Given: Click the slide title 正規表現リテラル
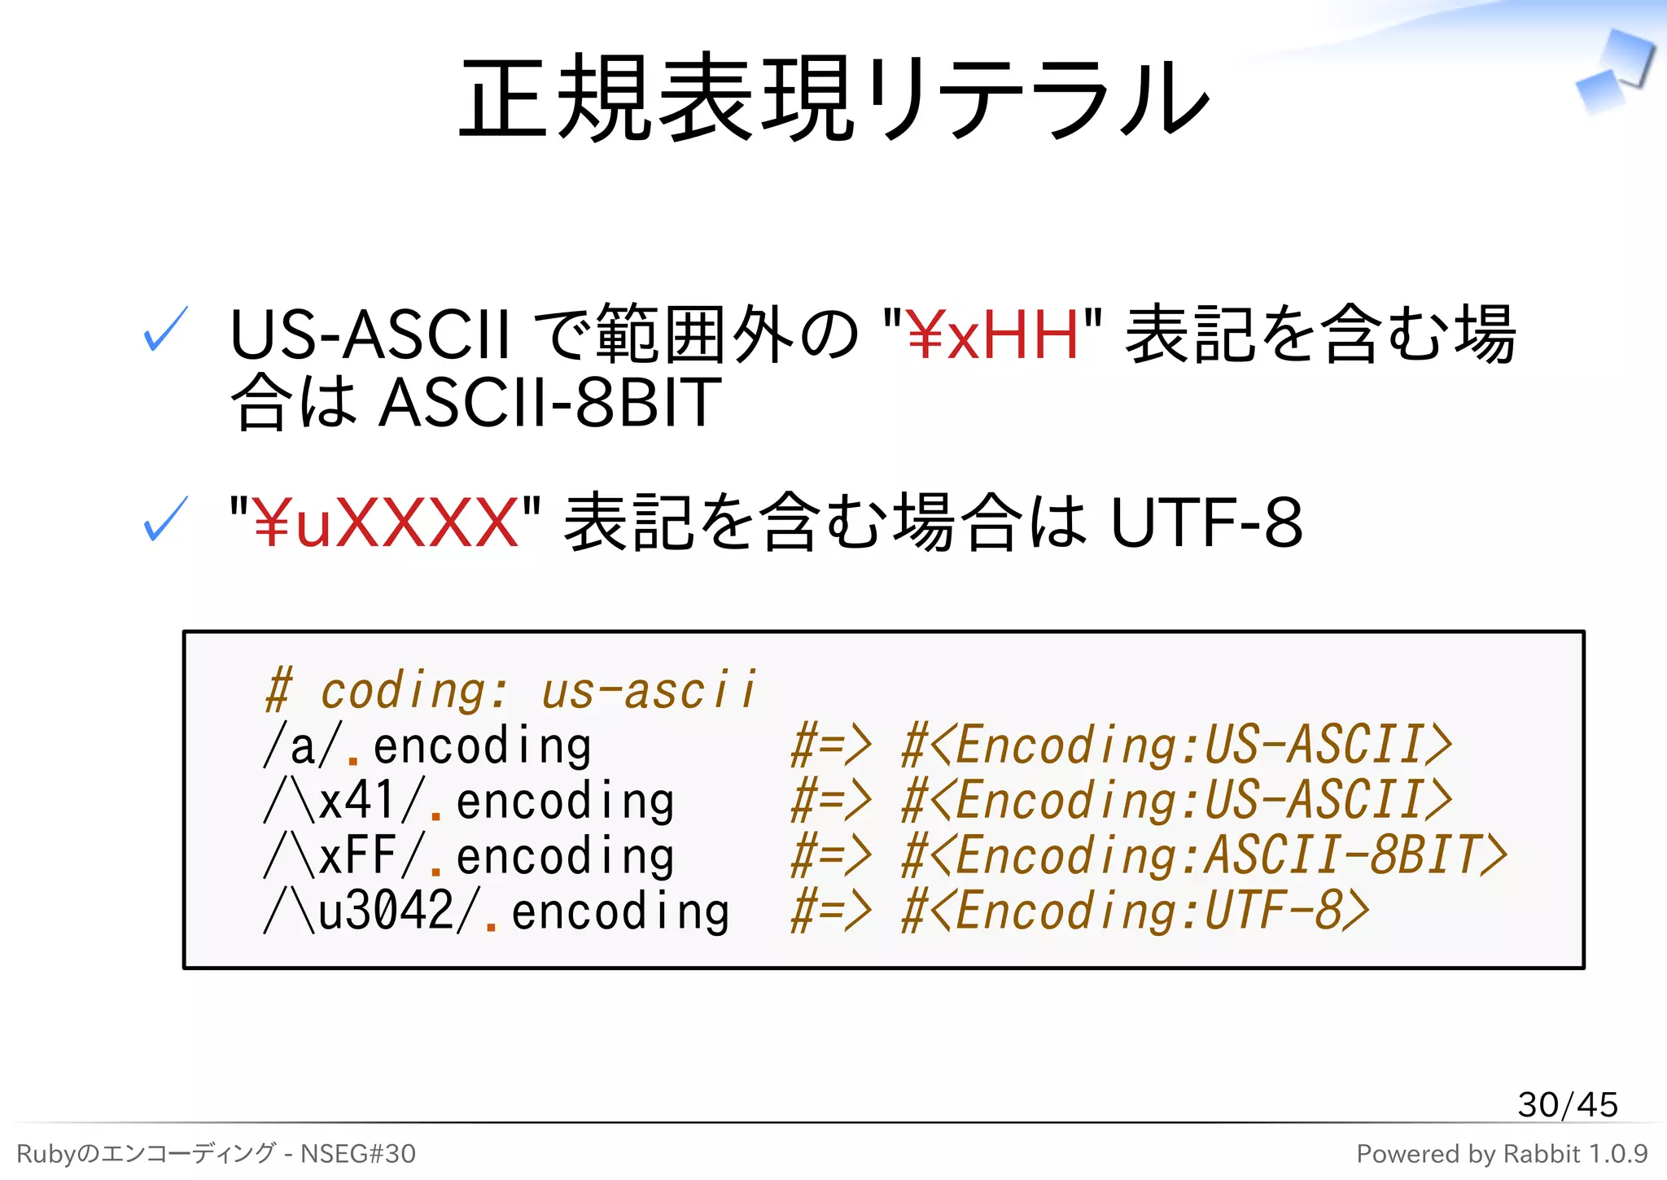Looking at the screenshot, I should (833, 98).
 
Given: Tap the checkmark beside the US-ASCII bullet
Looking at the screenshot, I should (166, 330).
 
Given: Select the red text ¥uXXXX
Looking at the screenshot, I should (385, 523).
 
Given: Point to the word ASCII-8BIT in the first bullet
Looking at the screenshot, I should (550, 403).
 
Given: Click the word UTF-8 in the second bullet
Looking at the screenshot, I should (1206, 523).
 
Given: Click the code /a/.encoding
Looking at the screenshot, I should (428, 747).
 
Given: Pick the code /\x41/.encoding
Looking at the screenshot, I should (470, 802).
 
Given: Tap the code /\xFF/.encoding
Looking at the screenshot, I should (470, 856).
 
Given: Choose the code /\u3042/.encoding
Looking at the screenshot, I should (497, 911).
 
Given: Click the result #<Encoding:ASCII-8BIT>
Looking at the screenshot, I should (1205, 856).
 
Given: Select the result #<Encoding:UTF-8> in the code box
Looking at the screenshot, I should (1135, 911).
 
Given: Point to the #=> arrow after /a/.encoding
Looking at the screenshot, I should (831, 746).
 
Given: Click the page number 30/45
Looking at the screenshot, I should (1567, 1105).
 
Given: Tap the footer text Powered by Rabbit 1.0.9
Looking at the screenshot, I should (1502, 1154).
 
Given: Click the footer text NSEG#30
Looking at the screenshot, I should (358, 1154).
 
